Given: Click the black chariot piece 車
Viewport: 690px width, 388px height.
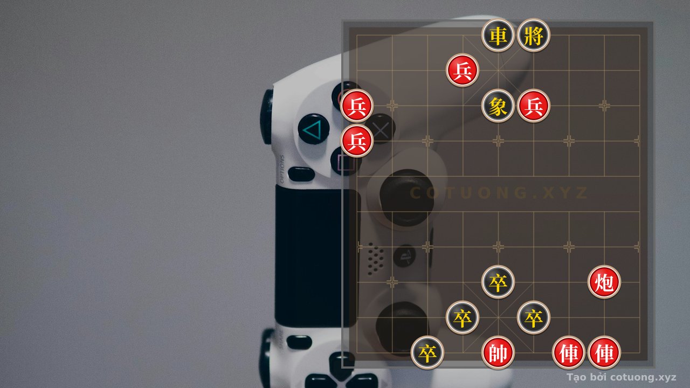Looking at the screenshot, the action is click(498, 36).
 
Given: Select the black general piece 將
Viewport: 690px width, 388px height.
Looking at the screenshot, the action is click(533, 36).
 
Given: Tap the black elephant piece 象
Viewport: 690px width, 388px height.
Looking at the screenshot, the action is click(498, 106).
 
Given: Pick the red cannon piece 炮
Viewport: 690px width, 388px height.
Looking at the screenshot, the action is click(604, 282).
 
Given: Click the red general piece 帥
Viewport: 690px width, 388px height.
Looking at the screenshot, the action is click(498, 352).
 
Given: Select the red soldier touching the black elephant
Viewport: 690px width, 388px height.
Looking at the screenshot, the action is click(533, 106).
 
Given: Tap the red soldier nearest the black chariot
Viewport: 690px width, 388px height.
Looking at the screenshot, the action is click(463, 71).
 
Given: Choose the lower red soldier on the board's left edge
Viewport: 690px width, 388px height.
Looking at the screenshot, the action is click(357, 141).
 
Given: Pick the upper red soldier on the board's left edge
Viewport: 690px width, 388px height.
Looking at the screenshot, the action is click(357, 106).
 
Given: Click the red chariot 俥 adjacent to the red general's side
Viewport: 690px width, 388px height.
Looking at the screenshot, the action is click(569, 352).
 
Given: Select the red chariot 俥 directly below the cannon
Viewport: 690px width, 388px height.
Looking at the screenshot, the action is click(604, 352).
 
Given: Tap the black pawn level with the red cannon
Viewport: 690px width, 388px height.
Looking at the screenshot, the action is click(498, 282).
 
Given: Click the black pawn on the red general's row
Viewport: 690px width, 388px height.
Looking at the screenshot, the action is click(427, 352).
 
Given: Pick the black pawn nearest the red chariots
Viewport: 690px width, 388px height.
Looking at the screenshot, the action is click(533, 317).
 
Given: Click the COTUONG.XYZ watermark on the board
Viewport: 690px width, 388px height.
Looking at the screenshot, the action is click(499, 193).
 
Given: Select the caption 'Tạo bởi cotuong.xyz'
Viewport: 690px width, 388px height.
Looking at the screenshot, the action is click(622, 377).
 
